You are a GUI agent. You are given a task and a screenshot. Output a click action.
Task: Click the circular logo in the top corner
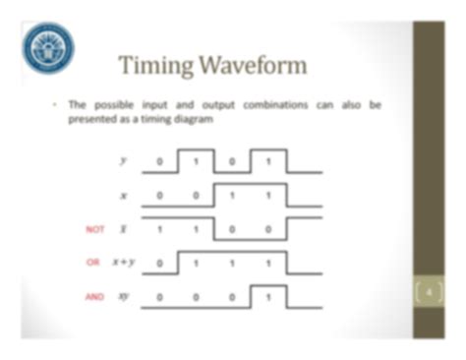pos(48,47)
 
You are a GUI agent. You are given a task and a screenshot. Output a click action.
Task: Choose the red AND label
pos(95,295)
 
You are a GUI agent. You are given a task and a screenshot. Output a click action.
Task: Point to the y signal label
pos(123,160)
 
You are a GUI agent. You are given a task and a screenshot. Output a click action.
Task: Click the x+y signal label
pos(123,262)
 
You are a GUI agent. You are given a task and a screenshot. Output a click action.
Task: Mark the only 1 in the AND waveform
pos(266,296)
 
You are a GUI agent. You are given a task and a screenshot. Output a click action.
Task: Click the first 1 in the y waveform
pos(196,161)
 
